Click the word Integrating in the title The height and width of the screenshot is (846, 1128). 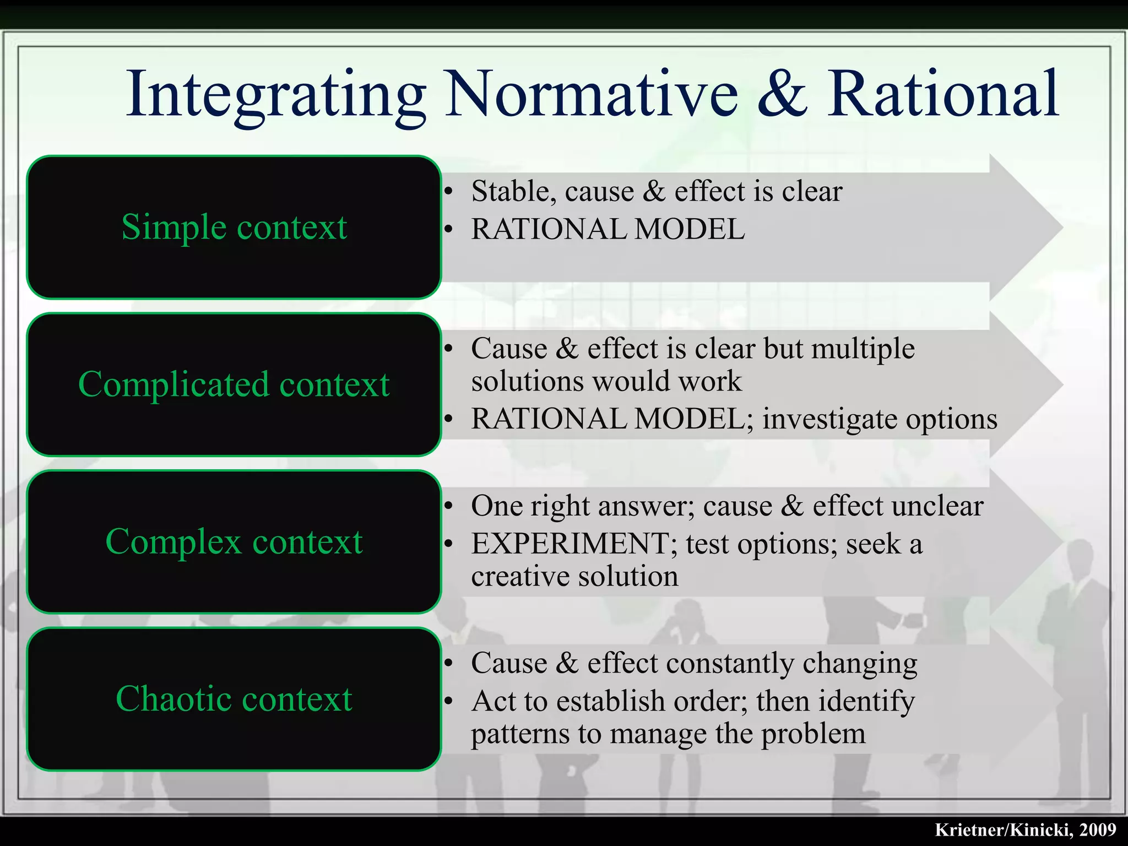pos(275,95)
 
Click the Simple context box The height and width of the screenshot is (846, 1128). pos(234,227)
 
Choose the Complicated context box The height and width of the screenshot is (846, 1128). pos(234,384)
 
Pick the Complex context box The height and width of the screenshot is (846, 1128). pos(234,542)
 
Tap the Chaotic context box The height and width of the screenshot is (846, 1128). pos(234,699)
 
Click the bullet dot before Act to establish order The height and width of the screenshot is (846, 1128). pos(449,702)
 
